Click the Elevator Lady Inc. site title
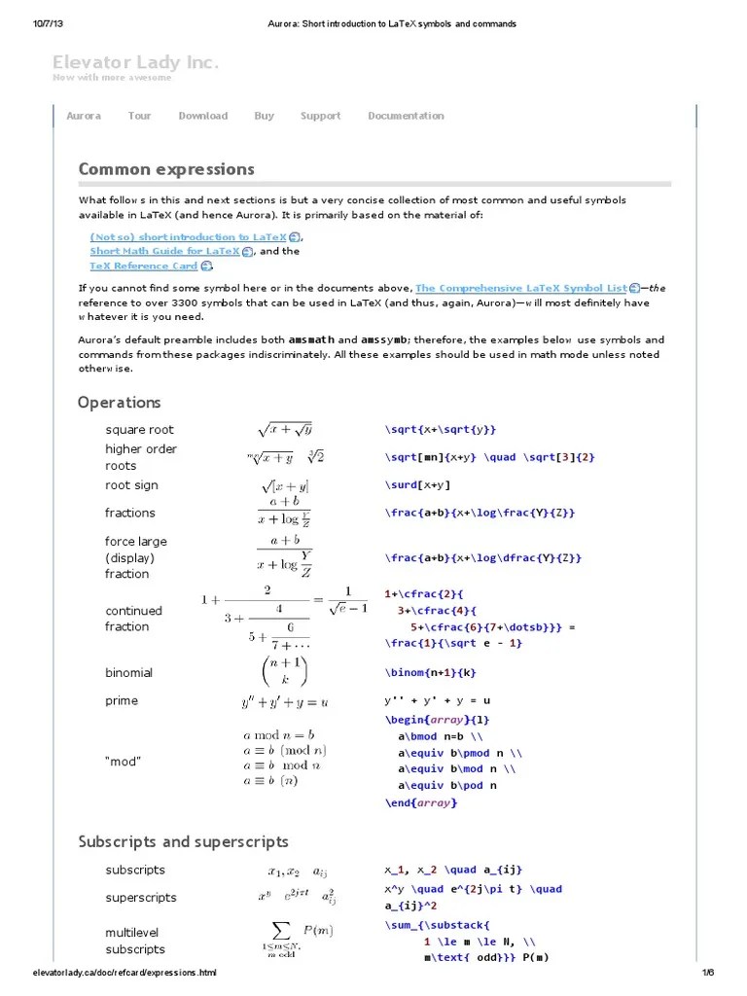point(135,63)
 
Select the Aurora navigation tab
point(84,116)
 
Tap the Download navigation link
point(202,116)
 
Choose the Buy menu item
point(264,116)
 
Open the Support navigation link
point(320,116)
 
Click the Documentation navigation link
point(406,116)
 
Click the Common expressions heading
point(166,169)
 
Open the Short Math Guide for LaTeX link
point(164,251)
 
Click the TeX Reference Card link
point(144,266)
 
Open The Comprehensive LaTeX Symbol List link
point(520,288)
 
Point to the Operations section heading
point(119,402)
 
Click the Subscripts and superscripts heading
point(183,841)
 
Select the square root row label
point(139,430)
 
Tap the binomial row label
point(128,672)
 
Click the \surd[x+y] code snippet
point(418,484)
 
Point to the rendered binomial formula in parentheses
point(284,673)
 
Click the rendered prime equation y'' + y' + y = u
point(284,701)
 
